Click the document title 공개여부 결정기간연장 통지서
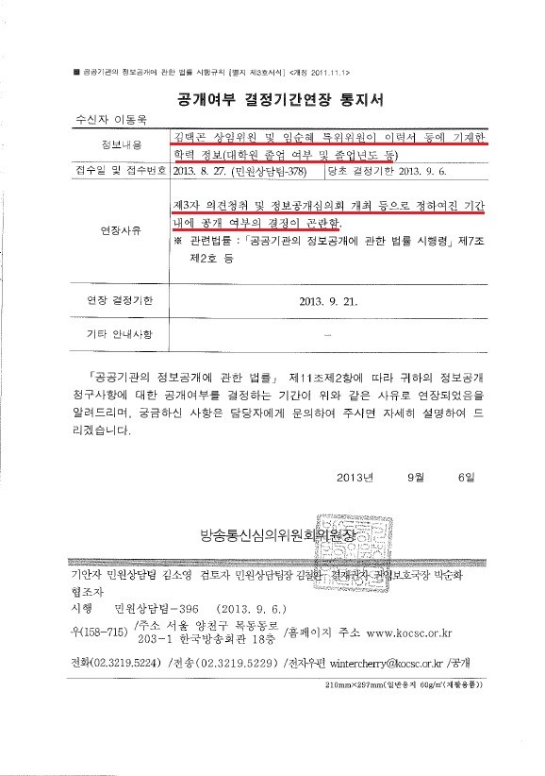[x=273, y=100]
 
